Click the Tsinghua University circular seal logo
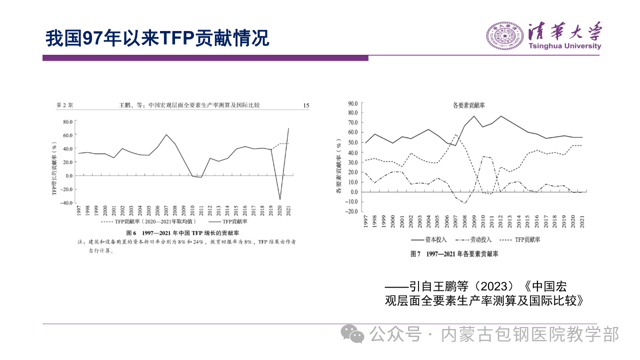[504, 35]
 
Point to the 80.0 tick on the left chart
[68, 121]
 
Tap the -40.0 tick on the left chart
[67, 203]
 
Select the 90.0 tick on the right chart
[353, 103]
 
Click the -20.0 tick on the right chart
[352, 211]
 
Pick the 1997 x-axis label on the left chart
[79, 211]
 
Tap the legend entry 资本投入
[429, 239]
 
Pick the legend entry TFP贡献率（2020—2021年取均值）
[148, 221]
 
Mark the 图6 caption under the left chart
[182, 233]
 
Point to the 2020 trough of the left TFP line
[280, 199]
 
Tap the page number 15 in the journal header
[306, 105]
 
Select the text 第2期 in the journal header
[64, 105]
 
